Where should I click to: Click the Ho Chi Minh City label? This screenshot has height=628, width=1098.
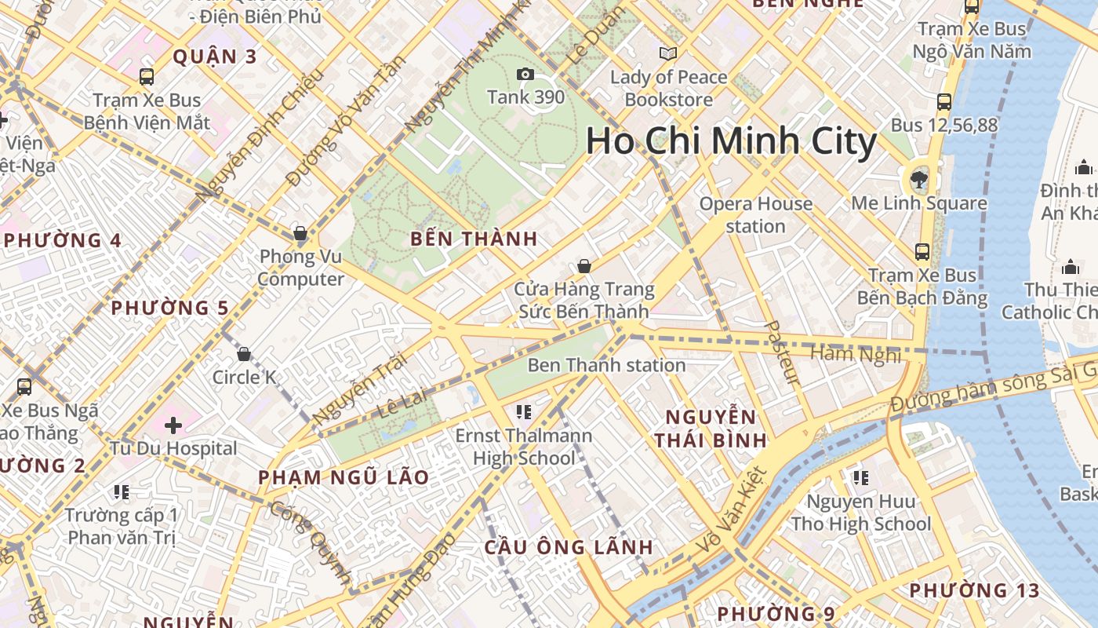tap(731, 141)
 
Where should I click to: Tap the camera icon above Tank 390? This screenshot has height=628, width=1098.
tap(525, 75)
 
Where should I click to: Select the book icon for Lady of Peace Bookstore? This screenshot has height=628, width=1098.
tap(668, 54)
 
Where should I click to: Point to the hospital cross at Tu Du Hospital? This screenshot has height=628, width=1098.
tap(173, 425)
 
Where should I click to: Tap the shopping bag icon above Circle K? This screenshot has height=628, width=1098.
tap(244, 354)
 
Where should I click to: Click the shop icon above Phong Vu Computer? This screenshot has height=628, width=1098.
tap(300, 233)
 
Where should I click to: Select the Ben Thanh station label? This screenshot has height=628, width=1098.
tap(606, 365)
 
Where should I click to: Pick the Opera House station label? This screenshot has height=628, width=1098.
tap(755, 215)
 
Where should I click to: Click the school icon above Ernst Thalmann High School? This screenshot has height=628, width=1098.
tap(524, 411)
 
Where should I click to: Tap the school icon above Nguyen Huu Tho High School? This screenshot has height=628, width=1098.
tap(860, 477)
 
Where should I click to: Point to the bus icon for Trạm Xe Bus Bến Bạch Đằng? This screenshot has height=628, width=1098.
tap(922, 252)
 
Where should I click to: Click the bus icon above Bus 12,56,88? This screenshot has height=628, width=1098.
tap(944, 102)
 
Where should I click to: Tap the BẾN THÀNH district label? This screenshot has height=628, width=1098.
tap(474, 239)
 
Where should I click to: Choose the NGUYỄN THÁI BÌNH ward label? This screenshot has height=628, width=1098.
tap(711, 429)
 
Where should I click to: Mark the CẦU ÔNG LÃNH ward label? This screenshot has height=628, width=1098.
tap(569, 547)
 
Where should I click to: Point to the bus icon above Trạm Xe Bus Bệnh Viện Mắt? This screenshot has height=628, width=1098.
tap(147, 77)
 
